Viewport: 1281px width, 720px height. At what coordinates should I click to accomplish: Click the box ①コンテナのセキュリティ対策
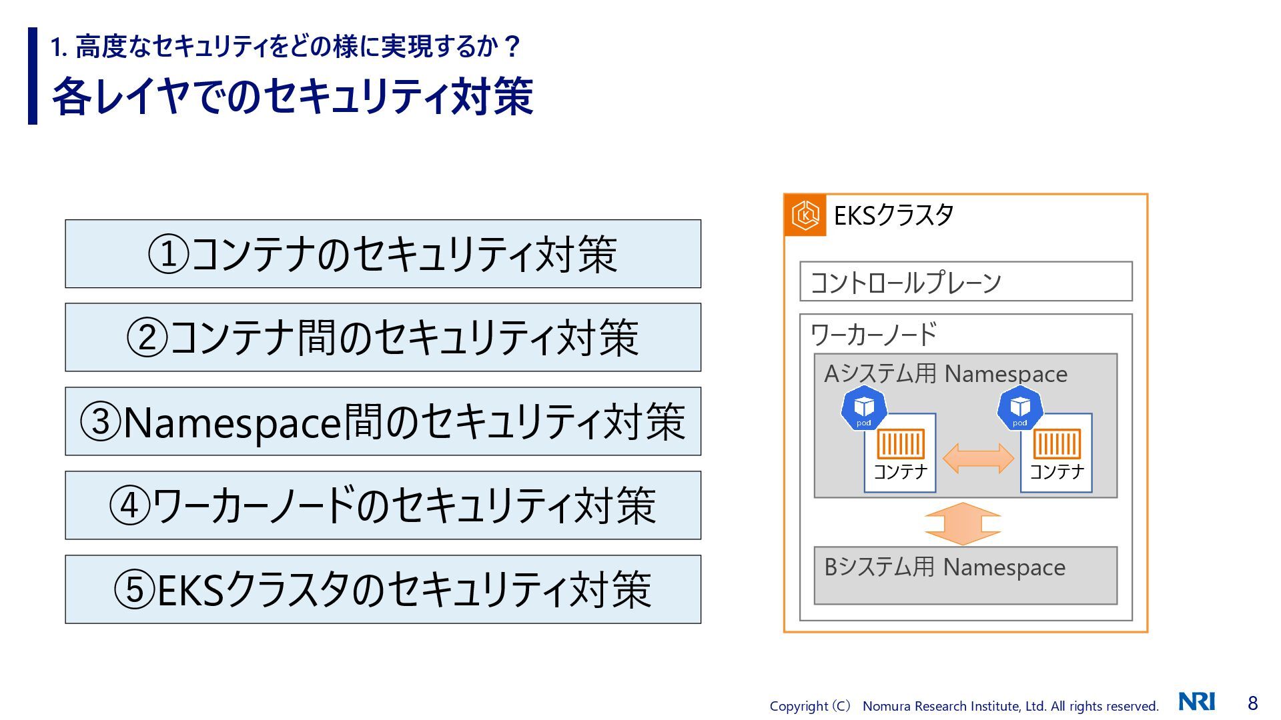tap(383, 254)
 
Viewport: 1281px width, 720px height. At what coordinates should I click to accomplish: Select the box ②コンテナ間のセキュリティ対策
tap(383, 337)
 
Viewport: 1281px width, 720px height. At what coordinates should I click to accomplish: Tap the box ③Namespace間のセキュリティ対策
tap(383, 421)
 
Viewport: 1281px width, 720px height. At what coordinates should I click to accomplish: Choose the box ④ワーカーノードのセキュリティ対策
tap(383, 505)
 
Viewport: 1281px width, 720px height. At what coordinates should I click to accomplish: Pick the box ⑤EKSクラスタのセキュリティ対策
tap(383, 589)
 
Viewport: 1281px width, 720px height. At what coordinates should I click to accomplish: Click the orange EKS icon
tap(805, 215)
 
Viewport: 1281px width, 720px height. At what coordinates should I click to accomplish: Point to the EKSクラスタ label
tap(893, 215)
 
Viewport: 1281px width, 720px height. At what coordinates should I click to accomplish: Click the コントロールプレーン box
tap(965, 281)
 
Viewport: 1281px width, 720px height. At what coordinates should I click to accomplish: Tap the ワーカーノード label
tap(873, 334)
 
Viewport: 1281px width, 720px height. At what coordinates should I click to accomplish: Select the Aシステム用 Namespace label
tap(945, 374)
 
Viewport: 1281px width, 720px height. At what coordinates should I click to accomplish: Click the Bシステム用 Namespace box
tap(965, 575)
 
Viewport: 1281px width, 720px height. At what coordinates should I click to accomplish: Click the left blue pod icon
tap(864, 408)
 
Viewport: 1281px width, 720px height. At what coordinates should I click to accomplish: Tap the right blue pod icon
tap(1020, 408)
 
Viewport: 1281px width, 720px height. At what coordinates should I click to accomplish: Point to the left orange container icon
tap(900, 444)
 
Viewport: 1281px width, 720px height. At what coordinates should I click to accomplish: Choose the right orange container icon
tap(1056, 444)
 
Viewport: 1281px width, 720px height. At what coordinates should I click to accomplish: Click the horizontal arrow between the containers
tap(978, 459)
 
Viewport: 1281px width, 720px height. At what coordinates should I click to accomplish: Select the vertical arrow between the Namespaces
tap(963, 523)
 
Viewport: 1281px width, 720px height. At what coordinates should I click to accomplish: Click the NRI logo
tap(1197, 702)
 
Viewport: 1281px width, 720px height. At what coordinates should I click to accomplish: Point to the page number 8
tap(1252, 703)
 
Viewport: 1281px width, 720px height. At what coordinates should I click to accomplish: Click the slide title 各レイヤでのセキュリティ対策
tap(293, 97)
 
